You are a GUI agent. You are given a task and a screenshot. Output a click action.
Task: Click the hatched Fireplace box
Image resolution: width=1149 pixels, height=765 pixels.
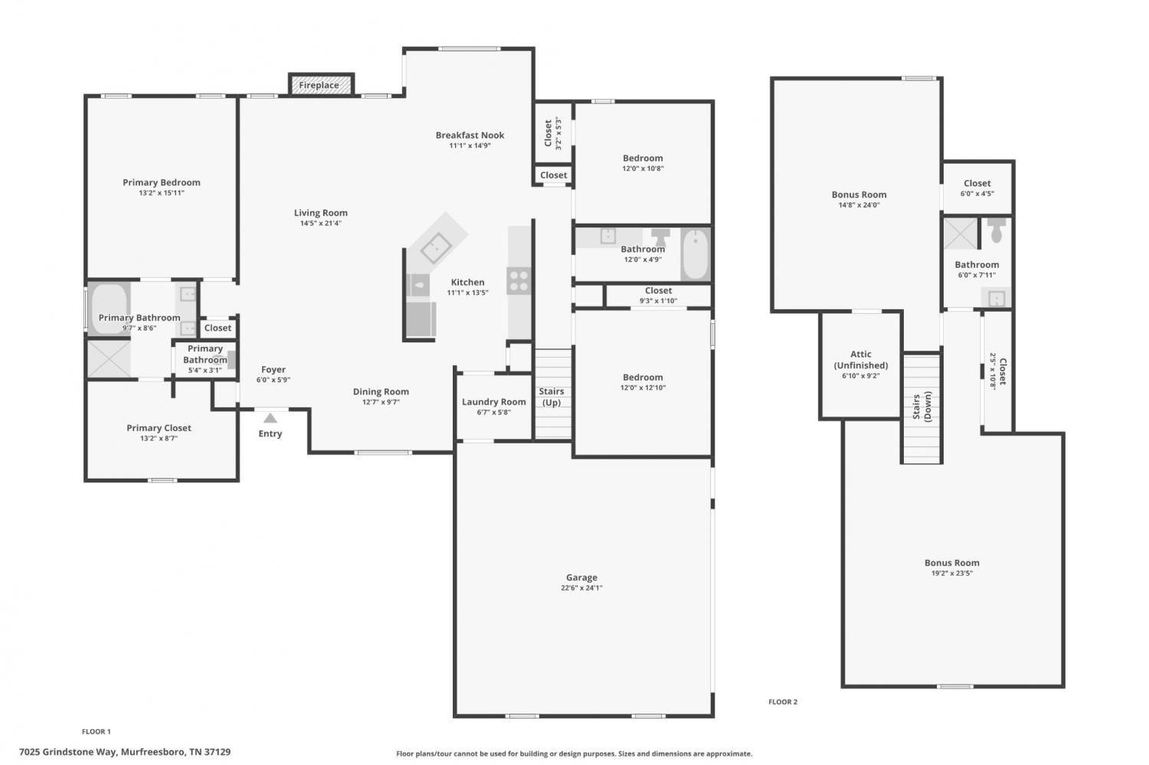point(321,84)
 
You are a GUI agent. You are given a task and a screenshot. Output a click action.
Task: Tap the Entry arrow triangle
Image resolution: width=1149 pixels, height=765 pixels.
point(270,418)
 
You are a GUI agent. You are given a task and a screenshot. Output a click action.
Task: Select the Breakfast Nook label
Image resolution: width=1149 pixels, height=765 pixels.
point(470,136)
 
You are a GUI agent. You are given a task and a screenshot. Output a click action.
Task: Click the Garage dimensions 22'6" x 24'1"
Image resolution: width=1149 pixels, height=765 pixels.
point(581,588)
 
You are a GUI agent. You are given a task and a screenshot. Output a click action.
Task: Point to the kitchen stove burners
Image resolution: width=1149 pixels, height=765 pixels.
point(519,281)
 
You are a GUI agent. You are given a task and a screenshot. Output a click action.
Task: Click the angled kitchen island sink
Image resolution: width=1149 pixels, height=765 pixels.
point(436,247)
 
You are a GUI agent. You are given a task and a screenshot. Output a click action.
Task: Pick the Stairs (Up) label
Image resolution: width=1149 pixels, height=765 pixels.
point(552,397)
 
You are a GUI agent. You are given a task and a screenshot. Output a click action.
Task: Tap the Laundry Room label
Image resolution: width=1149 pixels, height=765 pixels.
point(494,402)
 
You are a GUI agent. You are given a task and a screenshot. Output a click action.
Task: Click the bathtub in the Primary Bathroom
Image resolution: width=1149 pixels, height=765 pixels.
point(110,309)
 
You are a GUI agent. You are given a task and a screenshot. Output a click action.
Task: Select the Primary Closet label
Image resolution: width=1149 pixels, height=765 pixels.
point(159,428)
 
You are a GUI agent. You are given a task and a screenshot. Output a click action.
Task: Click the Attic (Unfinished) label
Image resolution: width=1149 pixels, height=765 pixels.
point(861,360)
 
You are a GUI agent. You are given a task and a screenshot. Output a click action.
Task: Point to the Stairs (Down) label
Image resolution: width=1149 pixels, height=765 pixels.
point(921,406)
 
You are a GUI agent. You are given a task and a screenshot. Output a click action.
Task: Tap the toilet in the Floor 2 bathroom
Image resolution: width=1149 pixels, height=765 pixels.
point(996,230)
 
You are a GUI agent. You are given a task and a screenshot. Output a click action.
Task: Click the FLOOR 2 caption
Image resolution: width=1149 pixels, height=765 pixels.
point(783,702)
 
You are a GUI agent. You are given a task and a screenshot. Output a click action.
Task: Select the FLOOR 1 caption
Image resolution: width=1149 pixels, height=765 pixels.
point(97,731)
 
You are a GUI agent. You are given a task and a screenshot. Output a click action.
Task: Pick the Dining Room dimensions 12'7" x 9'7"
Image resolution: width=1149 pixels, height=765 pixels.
point(381,402)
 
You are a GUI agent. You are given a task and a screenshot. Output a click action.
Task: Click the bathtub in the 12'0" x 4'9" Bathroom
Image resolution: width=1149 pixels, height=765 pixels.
point(696,254)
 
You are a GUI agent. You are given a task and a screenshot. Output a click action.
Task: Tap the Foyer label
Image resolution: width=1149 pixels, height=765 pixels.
point(273,370)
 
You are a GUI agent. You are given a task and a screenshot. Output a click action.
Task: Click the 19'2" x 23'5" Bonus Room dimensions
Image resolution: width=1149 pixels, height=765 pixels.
point(952,574)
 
